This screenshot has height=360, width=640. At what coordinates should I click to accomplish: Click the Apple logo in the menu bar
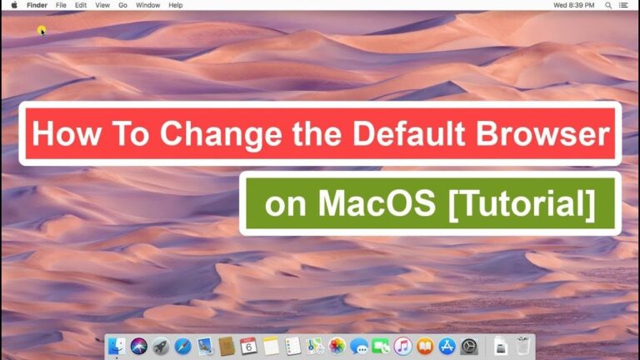click(x=14, y=5)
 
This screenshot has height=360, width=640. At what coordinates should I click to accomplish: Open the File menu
click(x=61, y=5)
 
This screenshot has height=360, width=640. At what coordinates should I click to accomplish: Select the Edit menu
click(x=81, y=5)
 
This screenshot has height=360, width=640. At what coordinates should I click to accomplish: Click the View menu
click(x=102, y=5)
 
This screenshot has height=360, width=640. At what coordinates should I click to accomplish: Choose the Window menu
click(x=147, y=5)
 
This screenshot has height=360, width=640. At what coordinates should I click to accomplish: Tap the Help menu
click(x=176, y=5)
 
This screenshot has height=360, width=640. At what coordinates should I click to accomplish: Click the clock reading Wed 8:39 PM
click(x=574, y=5)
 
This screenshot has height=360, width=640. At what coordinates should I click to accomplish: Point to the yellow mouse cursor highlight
click(x=41, y=31)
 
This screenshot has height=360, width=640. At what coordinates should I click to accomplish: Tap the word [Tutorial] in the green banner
click(x=522, y=205)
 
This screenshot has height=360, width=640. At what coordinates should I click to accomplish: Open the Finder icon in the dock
click(x=117, y=346)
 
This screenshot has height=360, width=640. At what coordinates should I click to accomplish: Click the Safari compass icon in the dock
click(x=182, y=346)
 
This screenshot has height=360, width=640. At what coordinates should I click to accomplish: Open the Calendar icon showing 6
click(x=248, y=346)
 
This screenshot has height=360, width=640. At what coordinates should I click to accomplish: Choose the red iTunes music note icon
click(x=402, y=346)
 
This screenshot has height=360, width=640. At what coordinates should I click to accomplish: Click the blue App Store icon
click(x=447, y=346)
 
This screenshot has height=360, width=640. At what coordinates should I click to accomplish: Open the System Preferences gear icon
click(x=469, y=346)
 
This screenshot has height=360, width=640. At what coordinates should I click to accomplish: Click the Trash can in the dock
click(x=522, y=346)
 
